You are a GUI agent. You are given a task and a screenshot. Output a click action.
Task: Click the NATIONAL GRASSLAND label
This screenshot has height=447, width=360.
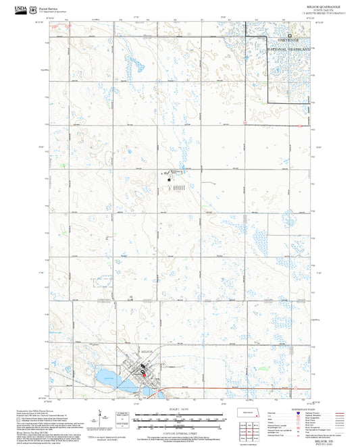[x=290, y=50]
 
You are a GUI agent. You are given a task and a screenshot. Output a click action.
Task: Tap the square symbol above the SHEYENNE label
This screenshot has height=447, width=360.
[x=290, y=35]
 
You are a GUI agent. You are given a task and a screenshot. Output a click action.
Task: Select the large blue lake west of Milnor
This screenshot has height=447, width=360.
[x=111, y=376]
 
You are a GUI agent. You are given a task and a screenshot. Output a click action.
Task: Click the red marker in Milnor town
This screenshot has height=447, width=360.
[x=143, y=373]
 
